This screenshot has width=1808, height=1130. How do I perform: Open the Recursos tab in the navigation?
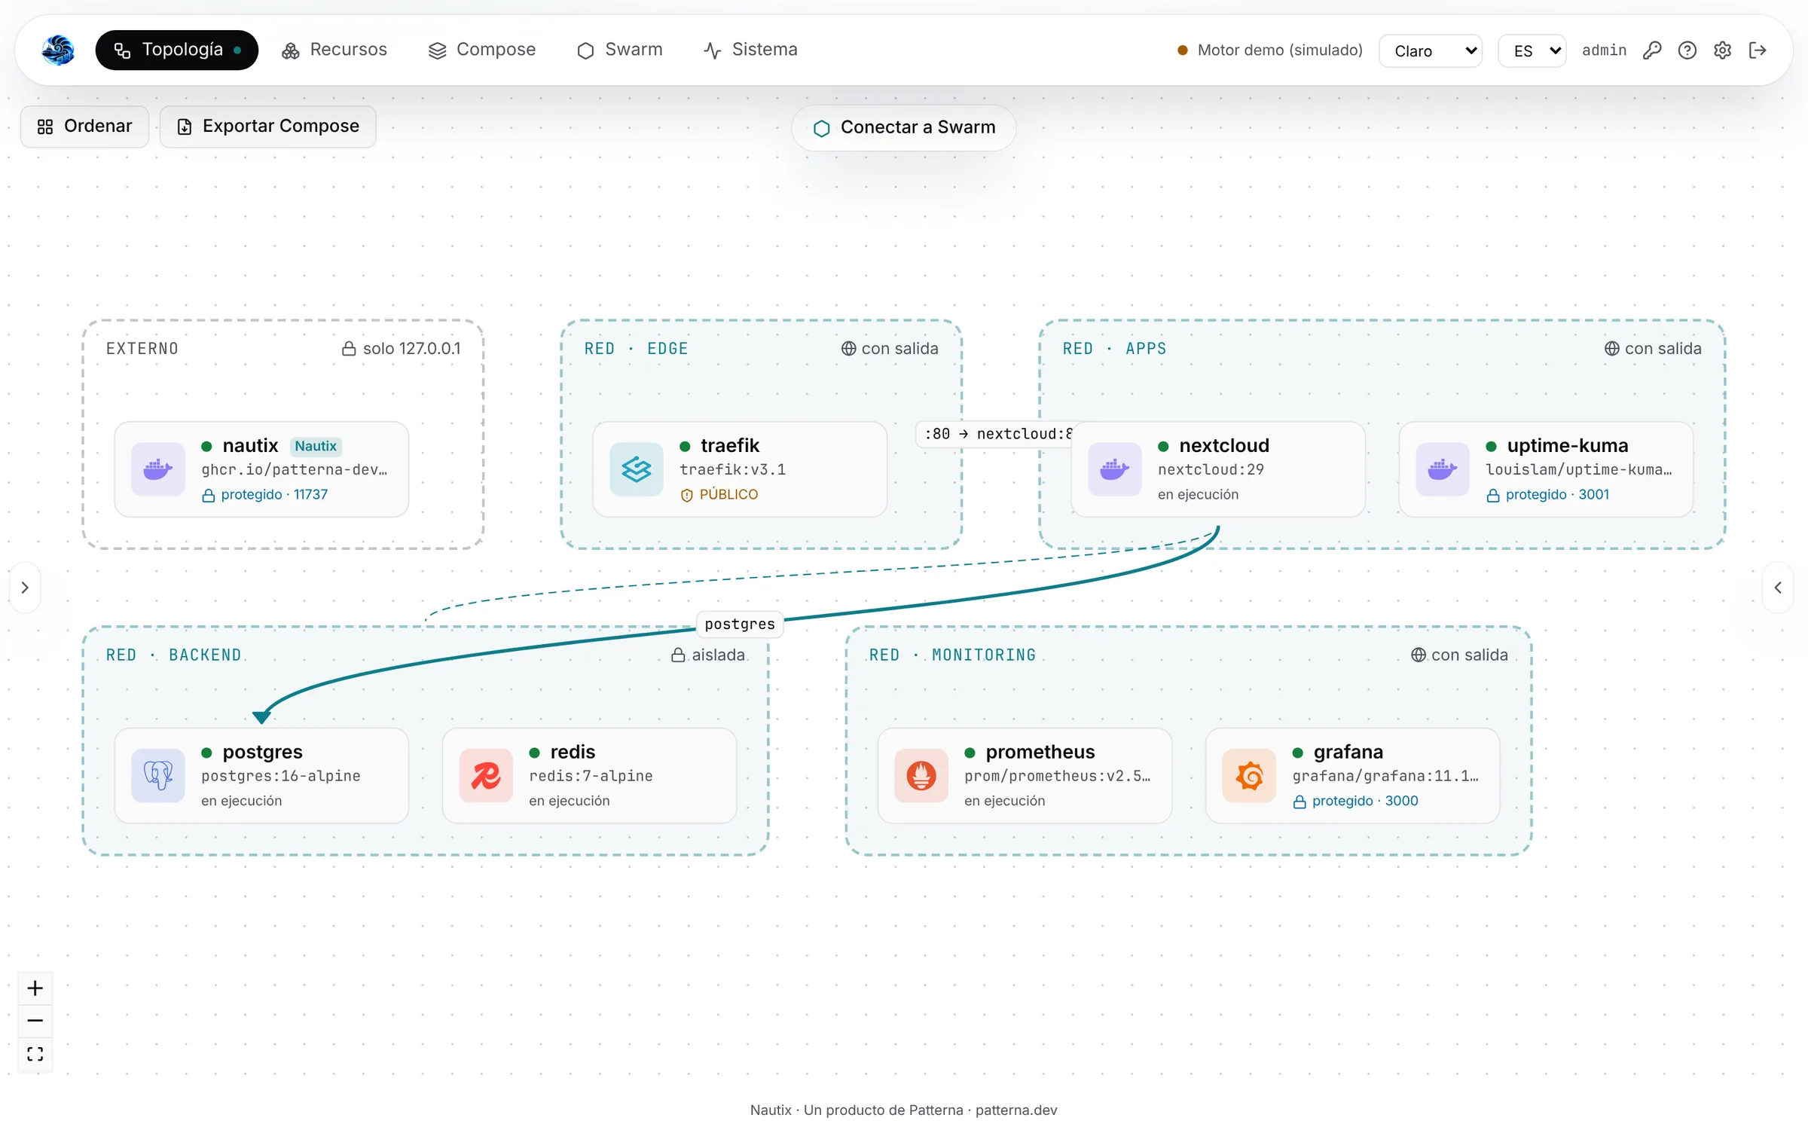(334, 50)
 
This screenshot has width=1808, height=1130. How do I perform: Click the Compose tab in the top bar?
(482, 50)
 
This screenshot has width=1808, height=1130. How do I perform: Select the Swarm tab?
(620, 50)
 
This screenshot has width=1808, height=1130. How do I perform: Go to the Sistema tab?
(750, 50)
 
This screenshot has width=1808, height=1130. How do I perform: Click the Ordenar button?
(84, 127)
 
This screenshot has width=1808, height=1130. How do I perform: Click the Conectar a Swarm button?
(904, 127)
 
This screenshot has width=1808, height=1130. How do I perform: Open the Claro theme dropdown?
(1431, 50)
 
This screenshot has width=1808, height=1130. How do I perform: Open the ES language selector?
(1532, 50)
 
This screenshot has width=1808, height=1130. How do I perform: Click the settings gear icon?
(1722, 50)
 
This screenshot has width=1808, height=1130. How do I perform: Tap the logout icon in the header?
(1758, 50)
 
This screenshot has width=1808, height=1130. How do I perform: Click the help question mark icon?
(1687, 50)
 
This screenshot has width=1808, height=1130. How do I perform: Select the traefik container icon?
(637, 469)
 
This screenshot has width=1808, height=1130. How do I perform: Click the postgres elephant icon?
(158, 775)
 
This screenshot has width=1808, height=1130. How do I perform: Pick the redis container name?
(573, 752)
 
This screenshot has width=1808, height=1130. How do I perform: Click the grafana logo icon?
(1249, 775)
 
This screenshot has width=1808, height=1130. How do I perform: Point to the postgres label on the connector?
(740, 624)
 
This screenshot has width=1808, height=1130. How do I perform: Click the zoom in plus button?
(35, 988)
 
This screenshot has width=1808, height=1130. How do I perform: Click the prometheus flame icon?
(921, 775)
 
